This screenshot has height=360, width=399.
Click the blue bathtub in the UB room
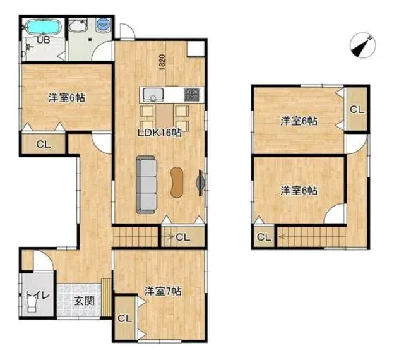click(x=44, y=28)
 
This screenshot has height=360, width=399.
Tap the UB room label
click(x=44, y=40)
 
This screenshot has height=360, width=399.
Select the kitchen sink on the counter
click(x=153, y=95)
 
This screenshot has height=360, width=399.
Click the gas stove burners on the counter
click(x=192, y=95)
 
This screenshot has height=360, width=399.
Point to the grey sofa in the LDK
click(x=146, y=184)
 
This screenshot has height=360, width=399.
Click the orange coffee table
click(x=177, y=182)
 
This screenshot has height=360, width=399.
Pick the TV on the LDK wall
click(x=200, y=183)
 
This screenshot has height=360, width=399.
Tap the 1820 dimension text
click(x=162, y=63)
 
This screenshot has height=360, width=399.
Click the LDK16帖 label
click(x=160, y=133)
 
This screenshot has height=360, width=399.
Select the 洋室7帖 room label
click(x=163, y=291)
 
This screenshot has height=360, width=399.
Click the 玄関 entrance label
click(x=84, y=301)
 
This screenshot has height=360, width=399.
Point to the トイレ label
click(x=37, y=295)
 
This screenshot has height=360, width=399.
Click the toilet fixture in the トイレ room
click(x=32, y=306)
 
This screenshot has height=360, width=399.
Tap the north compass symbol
click(x=362, y=45)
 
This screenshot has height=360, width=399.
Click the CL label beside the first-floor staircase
click(x=182, y=237)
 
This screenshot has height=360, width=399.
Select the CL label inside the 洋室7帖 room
click(x=125, y=318)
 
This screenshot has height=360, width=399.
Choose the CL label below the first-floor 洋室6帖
click(x=44, y=145)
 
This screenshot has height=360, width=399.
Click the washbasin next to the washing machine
click(x=78, y=25)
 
